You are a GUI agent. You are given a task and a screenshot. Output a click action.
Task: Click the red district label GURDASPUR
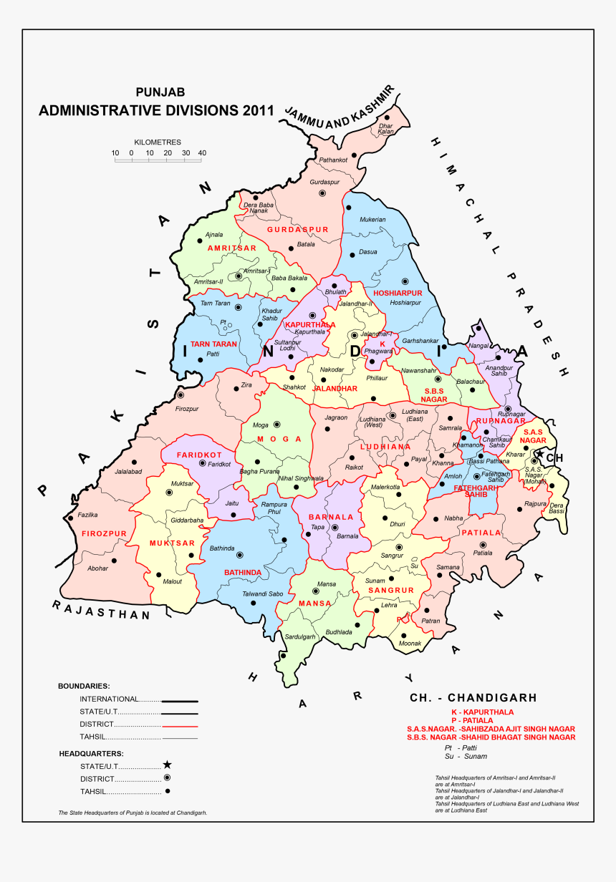click(x=297, y=230)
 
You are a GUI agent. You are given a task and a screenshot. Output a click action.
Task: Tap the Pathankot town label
click(x=333, y=160)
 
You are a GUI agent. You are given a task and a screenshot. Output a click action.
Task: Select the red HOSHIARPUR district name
click(x=398, y=294)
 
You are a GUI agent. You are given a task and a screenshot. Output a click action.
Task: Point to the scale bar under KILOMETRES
click(x=159, y=160)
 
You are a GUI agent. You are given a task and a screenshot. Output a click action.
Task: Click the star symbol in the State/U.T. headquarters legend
click(x=167, y=765)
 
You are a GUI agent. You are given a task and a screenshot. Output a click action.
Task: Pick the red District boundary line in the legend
click(x=179, y=725)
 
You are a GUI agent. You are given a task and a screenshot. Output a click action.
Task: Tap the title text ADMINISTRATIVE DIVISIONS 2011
click(x=156, y=110)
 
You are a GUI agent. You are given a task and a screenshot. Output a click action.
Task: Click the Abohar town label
click(x=97, y=568)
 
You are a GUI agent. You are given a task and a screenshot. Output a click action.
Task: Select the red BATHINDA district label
click(x=242, y=573)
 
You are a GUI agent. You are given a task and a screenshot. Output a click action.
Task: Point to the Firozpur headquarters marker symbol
click(x=181, y=394)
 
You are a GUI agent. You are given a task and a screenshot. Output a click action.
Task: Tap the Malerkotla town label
click(x=385, y=488)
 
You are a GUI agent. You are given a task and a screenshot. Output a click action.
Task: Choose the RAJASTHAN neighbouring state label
click(x=101, y=610)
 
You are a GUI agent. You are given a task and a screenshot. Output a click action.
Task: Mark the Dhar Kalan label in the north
click(x=386, y=129)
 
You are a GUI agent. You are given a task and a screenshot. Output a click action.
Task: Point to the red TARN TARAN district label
click(x=213, y=344)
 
